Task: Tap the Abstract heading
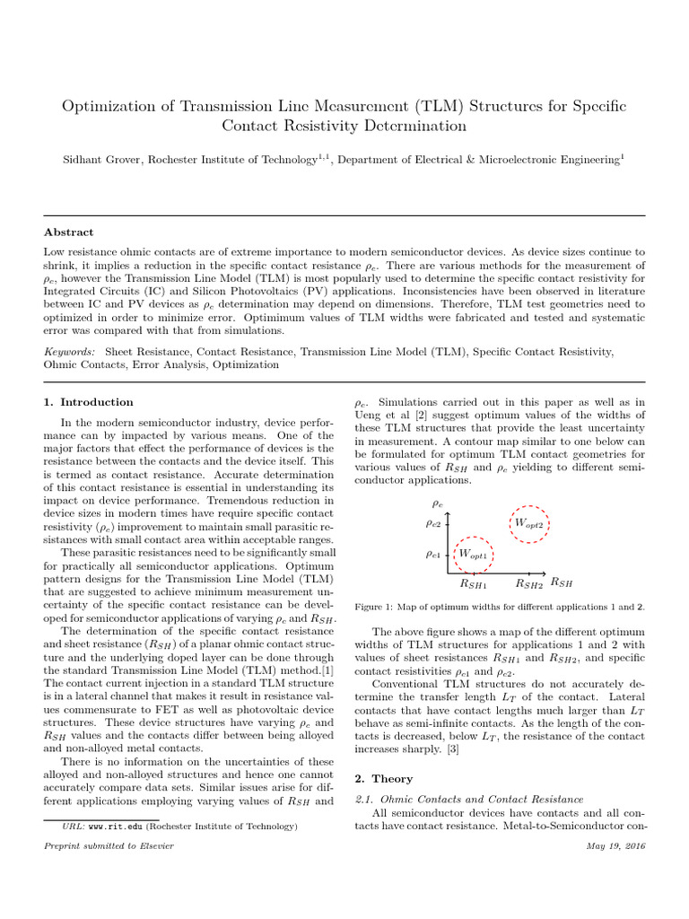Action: (x=69, y=232)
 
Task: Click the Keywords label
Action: (x=70, y=352)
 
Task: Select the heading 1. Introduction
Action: (x=88, y=402)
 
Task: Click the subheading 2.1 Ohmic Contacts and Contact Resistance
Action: (x=469, y=798)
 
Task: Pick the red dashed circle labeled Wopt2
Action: (x=528, y=522)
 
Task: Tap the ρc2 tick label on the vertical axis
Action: (x=432, y=522)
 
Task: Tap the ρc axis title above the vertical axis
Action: (x=438, y=504)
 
